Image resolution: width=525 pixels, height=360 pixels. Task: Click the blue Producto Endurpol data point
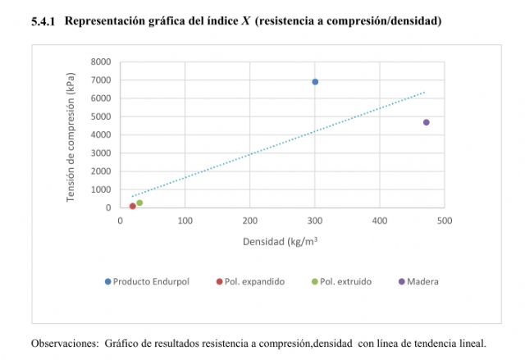pyautogui.click(x=315, y=82)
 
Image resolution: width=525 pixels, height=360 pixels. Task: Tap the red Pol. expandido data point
pyautogui.click(x=133, y=206)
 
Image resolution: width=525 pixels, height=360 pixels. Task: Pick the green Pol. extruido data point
pyautogui.click(x=139, y=203)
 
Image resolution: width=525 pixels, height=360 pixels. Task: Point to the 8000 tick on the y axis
pyautogui.click(x=101, y=62)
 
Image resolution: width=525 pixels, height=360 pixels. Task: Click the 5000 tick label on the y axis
pyautogui.click(x=101, y=116)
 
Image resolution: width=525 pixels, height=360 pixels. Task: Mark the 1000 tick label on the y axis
pyautogui.click(x=101, y=189)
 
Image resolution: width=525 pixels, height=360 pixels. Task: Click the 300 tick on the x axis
pyautogui.click(x=315, y=221)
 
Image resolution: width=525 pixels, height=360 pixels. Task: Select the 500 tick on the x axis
pyautogui.click(x=444, y=221)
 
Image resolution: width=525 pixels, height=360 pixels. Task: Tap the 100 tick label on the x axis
pyautogui.click(x=185, y=221)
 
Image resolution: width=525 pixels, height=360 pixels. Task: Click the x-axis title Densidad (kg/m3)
pyautogui.click(x=281, y=242)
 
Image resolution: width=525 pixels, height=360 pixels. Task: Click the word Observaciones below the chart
pyautogui.click(x=64, y=343)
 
